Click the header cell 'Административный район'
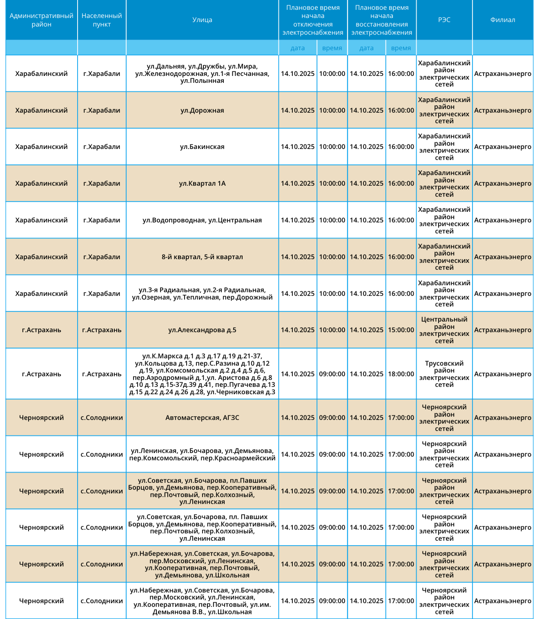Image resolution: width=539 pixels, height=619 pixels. [x=41, y=20]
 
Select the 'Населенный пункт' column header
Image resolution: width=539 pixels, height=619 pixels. [x=102, y=20]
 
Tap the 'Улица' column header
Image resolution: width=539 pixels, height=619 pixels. [x=202, y=20]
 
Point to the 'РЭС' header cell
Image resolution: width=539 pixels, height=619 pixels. [x=444, y=20]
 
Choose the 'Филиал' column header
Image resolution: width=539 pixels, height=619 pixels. [x=503, y=20]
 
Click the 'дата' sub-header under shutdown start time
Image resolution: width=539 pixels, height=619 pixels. [x=298, y=48]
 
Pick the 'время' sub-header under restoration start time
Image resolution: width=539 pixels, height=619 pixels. [x=401, y=48]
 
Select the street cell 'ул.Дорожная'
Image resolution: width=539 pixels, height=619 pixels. [x=202, y=111]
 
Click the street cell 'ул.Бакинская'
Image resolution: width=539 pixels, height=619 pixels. [x=202, y=147]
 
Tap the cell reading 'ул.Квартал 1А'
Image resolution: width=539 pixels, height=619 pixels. [x=202, y=184]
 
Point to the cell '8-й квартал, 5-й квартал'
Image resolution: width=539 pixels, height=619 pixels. [x=202, y=257]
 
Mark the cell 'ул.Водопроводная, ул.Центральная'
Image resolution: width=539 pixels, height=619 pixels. [x=202, y=220]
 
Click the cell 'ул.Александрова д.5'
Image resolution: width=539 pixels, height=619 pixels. [x=202, y=330]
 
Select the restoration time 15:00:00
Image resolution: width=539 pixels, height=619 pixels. [x=401, y=330]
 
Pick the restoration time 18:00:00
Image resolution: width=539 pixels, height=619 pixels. [x=401, y=374]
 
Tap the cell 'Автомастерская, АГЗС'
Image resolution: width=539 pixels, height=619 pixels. [x=202, y=418]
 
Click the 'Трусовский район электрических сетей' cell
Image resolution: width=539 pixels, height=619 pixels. [x=444, y=374]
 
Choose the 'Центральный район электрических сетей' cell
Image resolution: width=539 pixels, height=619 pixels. [x=444, y=330]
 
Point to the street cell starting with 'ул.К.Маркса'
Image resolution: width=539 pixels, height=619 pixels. [x=202, y=374]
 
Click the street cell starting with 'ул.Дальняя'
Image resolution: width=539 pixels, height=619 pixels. [x=202, y=74]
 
